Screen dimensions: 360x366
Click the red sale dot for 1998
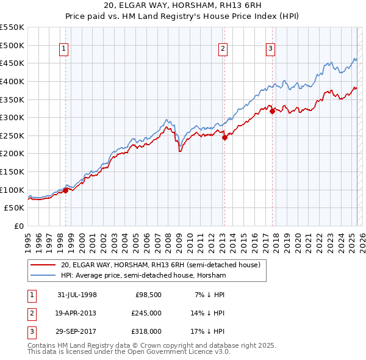[66, 190]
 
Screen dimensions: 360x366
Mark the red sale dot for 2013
[224, 137]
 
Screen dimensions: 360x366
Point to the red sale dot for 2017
[272, 111]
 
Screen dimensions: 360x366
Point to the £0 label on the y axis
[18, 226]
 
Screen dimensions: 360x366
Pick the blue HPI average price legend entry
[143, 276]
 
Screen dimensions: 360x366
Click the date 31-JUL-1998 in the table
[77, 295]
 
